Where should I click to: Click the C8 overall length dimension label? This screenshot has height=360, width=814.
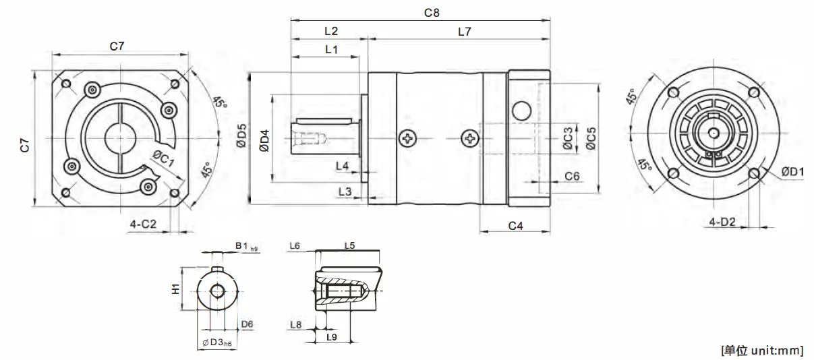pyautogui.click(x=431, y=12)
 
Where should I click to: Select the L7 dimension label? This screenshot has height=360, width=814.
pyautogui.click(x=465, y=31)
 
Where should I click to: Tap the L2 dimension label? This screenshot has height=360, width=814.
pyautogui.click(x=330, y=31)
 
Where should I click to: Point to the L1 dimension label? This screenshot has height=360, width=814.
pyautogui.click(x=331, y=49)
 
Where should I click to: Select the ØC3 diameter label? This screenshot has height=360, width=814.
pyautogui.click(x=568, y=138)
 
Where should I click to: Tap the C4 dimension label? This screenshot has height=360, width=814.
pyautogui.click(x=515, y=226)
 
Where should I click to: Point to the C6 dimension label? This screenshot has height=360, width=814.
pyautogui.click(x=572, y=176)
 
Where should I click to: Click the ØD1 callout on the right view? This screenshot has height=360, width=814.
pyautogui.click(x=792, y=173)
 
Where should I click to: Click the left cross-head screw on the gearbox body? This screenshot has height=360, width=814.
pyautogui.click(x=407, y=139)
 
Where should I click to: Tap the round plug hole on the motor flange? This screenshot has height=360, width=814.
pyautogui.click(x=521, y=109)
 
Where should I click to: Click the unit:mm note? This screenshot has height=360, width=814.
pyautogui.click(x=762, y=350)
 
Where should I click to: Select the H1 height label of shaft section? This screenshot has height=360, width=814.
pyautogui.click(x=175, y=289)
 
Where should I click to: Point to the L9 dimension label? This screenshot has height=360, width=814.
pyautogui.click(x=332, y=336)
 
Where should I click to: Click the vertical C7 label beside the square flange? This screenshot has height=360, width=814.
pyautogui.click(x=24, y=143)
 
